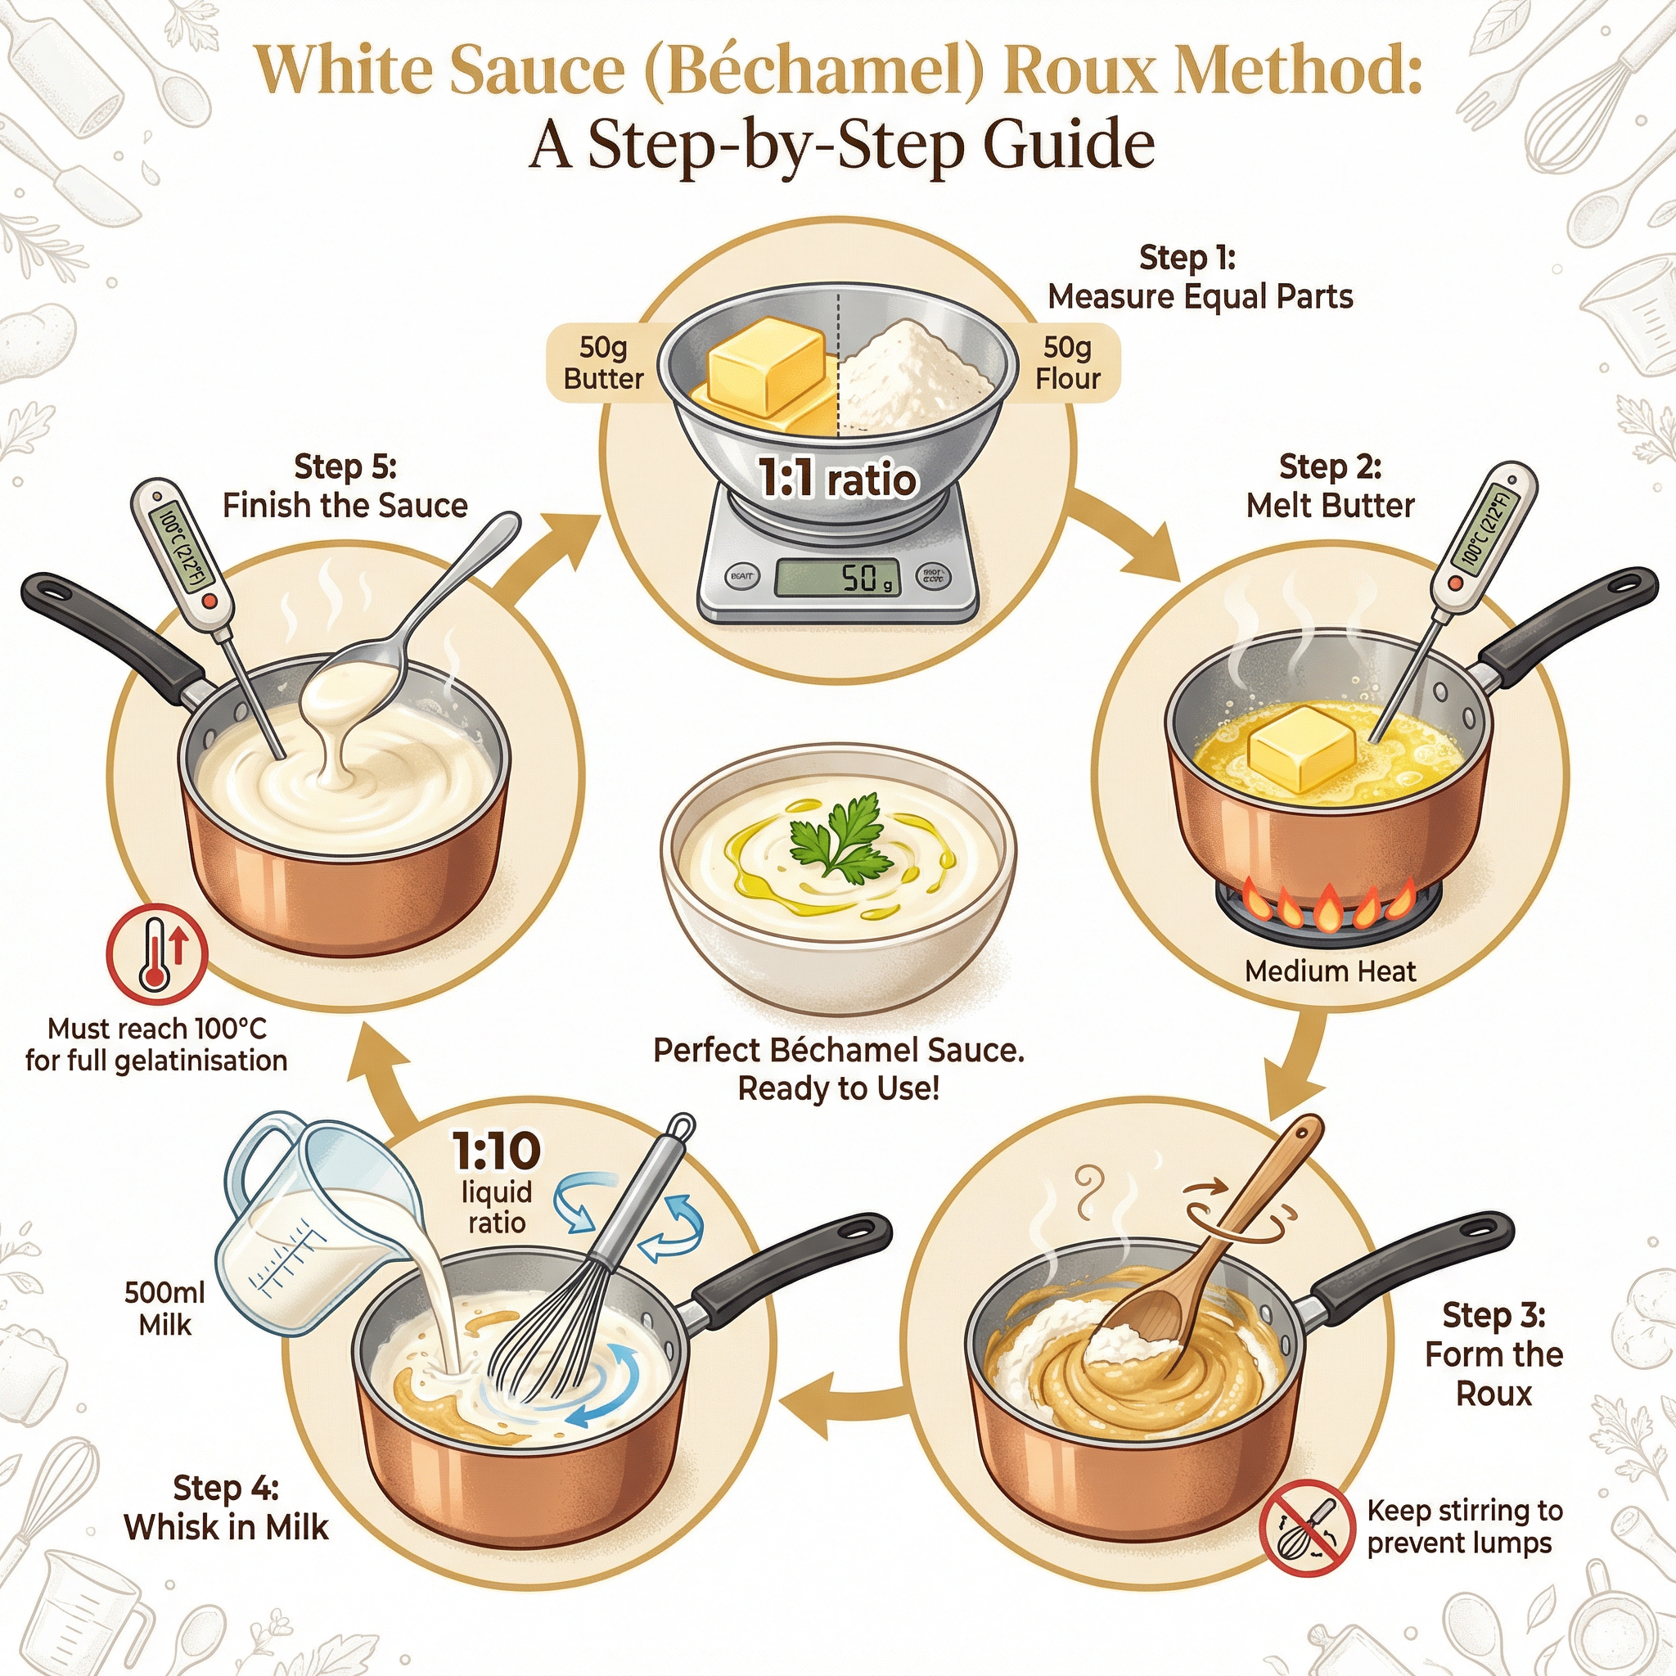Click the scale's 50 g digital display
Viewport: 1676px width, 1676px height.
(x=836, y=577)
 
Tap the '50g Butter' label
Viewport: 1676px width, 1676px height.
(x=603, y=363)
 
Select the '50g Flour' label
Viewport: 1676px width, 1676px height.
(x=1067, y=363)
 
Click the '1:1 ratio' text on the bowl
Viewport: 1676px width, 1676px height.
(x=836, y=479)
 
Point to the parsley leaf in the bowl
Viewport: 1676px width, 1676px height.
(x=840, y=839)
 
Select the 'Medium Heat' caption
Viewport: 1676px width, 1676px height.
(x=1329, y=971)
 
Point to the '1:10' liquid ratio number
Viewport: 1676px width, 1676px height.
(x=496, y=1151)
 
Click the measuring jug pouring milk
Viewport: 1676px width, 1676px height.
(x=313, y=1232)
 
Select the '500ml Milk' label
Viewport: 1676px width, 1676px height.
(x=164, y=1309)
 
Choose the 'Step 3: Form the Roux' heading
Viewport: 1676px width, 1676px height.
(x=1493, y=1354)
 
